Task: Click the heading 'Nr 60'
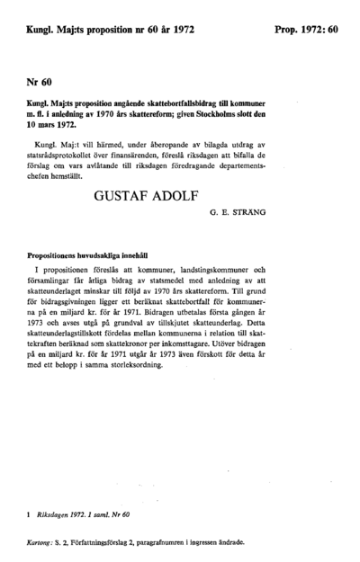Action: (40, 82)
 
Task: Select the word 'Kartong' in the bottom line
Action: (40, 543)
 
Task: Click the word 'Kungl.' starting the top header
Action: (43, 31)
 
